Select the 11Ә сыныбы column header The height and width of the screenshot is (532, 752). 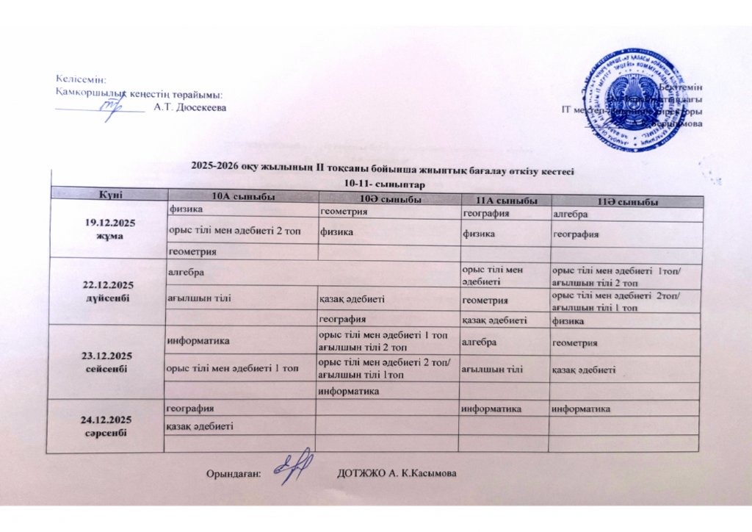(624, 201)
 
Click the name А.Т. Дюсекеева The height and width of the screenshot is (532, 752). (190, 107)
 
